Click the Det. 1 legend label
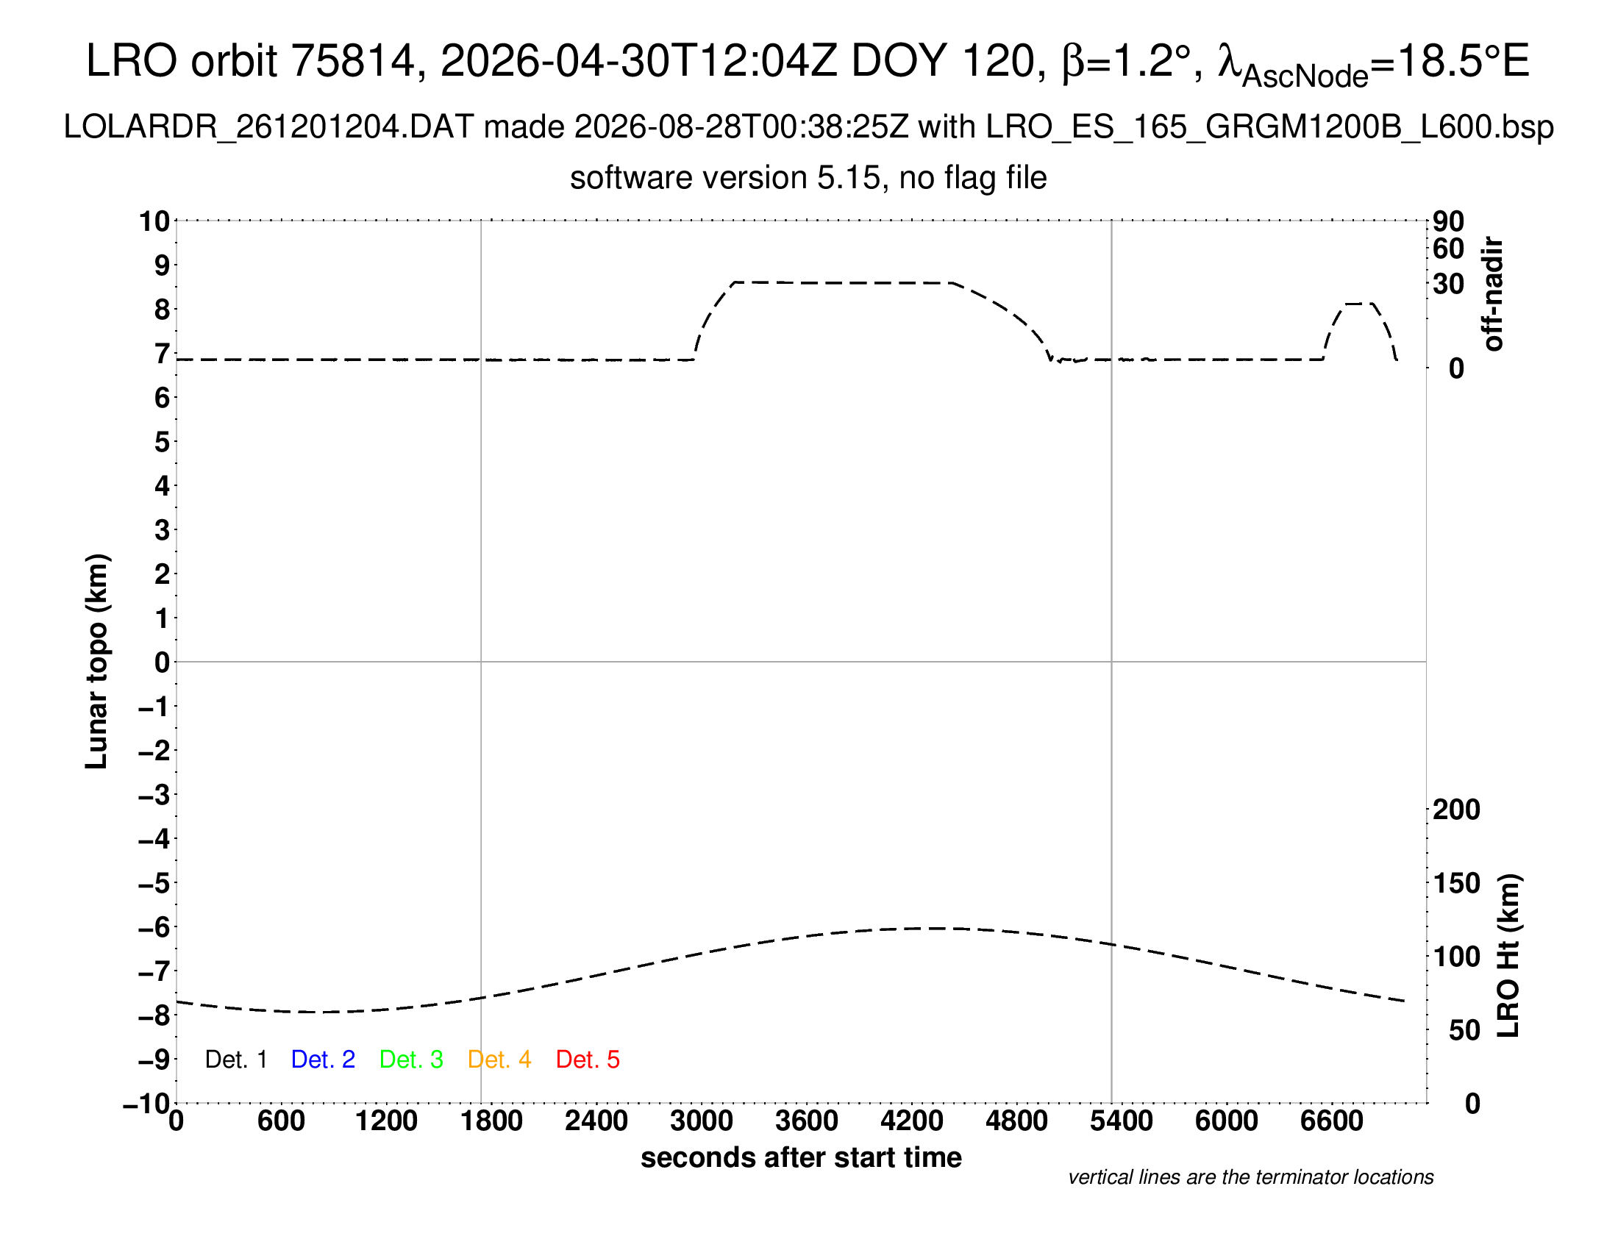[235, 1060]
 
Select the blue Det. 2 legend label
[323, 1060]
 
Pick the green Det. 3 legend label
[411, 1060]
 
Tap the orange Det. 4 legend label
[499, 1060]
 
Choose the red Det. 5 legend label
[588, 1060]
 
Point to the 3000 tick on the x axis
[702, 1121]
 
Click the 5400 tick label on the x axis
[1122, 1121]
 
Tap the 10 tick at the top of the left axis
[155, 221]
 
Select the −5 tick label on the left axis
[154, 883]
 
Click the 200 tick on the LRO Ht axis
[1456, 810]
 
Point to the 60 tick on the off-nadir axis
[1448, 249]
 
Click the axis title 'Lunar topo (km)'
[97, 661]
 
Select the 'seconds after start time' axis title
[801, 1157]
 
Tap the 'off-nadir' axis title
[1493, 294]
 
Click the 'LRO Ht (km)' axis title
[1508, 956]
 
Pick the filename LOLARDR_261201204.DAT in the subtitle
[268, 127]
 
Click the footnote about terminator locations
[1250, 1177]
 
